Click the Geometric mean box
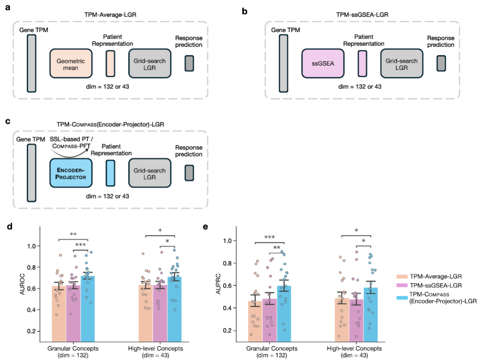71,63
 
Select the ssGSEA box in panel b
323,63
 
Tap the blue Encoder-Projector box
71,173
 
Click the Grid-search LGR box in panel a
150,63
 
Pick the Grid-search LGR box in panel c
150,173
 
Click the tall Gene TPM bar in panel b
283,63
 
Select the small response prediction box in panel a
189,63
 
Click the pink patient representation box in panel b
362,63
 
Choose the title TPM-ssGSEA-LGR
362,14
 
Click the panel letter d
9,227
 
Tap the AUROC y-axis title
22,284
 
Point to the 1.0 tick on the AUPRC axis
228,240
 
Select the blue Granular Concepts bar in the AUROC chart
87,309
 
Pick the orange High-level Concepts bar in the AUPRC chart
342,320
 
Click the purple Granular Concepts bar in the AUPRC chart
270,320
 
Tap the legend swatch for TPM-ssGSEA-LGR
402,286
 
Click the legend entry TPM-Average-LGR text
436,277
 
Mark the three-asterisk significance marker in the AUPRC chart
269,237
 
